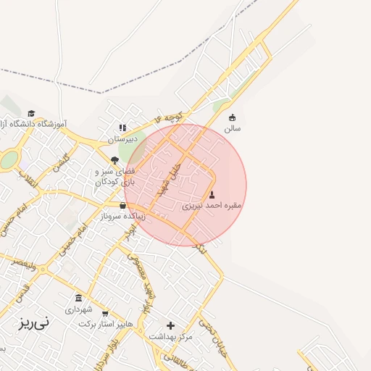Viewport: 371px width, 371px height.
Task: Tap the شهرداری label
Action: tap(78, 309)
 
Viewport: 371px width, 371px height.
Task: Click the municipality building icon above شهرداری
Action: tap(78, 297)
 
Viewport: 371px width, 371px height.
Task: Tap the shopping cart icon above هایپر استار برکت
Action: tap(106, 314)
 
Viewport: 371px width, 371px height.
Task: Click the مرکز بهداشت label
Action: tap(171, 336)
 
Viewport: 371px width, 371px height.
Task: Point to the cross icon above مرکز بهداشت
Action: tap(171, 325)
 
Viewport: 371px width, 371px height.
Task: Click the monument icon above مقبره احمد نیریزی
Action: tap(212, 195)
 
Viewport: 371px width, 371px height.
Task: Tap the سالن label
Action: tap(232, 128)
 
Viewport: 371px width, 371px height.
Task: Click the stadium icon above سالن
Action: tap(232, 117)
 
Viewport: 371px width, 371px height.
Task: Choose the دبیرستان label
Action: tap(122, 138)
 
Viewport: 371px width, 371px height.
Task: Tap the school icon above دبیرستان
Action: tap(122, 128)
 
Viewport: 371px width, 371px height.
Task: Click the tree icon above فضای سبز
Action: tap(114, 160)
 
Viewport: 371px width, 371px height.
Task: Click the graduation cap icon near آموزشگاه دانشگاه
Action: tap(31, 113)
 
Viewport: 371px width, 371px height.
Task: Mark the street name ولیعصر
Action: tap(25, 264)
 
